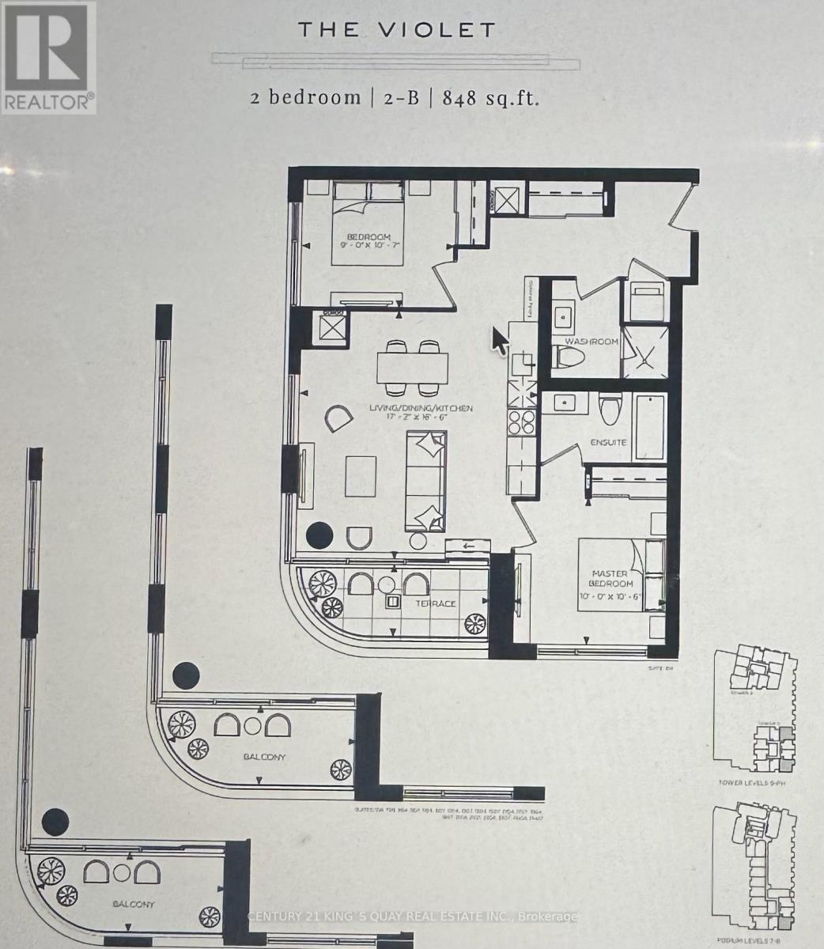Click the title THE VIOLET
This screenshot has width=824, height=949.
396,31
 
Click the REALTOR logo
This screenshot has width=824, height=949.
47,57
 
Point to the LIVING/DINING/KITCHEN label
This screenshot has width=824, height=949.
421,409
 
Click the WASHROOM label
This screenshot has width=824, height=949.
591,342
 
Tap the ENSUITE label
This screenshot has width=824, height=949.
608,442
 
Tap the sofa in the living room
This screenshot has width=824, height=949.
425,481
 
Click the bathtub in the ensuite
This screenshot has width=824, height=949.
651,428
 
